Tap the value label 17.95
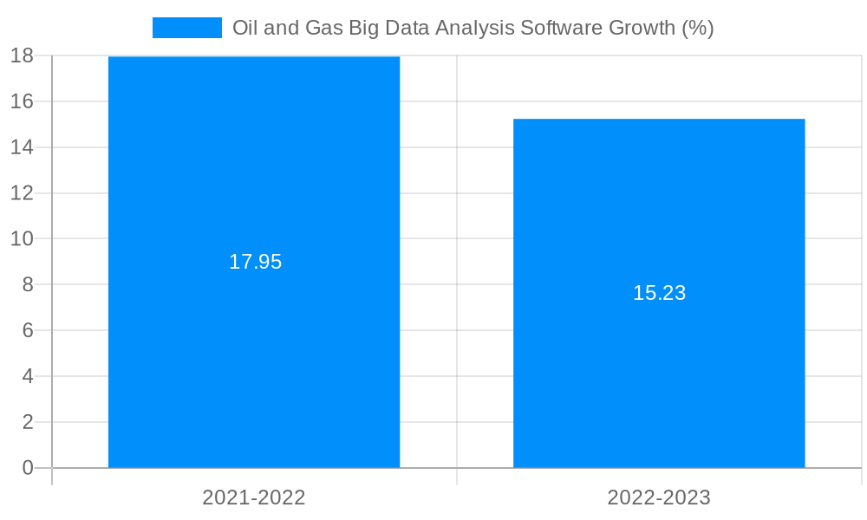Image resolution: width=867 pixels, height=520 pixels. point(255,262)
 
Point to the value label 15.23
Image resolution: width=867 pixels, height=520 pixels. point(659,293)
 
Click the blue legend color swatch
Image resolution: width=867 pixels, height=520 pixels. point(186,28)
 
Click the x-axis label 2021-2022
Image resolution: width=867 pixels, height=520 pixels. point(254,497)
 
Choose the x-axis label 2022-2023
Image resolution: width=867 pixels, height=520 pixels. point(659,497)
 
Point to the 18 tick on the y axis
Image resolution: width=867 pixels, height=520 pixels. point(23,56)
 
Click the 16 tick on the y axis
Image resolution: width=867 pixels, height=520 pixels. point(23,101)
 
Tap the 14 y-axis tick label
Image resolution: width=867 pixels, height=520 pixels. point(23,147)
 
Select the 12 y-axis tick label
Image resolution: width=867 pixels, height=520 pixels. point(23,193)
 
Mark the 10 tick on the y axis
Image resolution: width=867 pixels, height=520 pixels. point(23,238)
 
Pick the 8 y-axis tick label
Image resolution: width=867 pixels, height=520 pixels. point(28,284)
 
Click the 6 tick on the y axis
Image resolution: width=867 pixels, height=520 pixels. point(28,330)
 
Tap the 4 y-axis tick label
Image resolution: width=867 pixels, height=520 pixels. point(28,376)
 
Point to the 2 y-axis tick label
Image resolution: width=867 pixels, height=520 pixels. point(28,422)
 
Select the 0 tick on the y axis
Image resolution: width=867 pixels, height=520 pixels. point(28,468)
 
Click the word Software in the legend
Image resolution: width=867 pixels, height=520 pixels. point(554,28)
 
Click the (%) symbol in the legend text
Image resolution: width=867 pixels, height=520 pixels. point(698,28)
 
